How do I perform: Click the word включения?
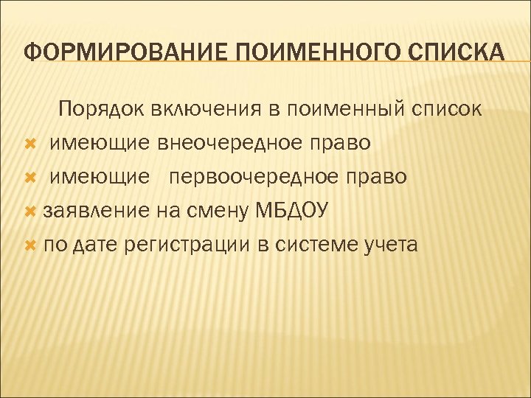(x=205, y=110)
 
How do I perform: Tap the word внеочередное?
(x=227, y=144)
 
